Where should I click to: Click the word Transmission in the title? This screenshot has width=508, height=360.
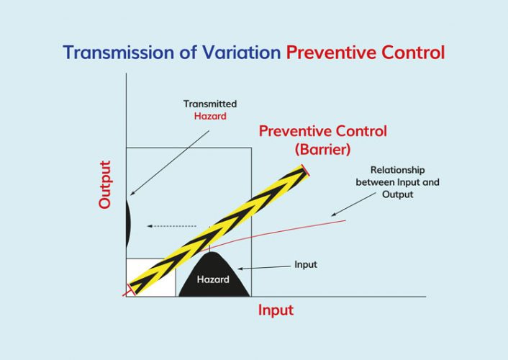click(113, 53)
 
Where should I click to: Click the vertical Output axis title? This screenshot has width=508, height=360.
click(105, 184)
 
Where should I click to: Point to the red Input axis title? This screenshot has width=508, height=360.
click(276, 310)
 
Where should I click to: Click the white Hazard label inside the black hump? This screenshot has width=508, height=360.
click(213, 279)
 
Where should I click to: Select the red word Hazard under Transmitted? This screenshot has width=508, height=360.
click(209, 117)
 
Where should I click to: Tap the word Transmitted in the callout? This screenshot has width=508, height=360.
click(209, 104)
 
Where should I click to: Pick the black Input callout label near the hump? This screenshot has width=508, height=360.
click(305, 264)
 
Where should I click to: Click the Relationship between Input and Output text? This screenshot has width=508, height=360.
click(397, 183)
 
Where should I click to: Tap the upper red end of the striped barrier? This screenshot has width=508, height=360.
click(306, 171)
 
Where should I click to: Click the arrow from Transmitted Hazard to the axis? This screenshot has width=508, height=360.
click(169, 162)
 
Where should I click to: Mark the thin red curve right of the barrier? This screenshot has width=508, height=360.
click(302, 227)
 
